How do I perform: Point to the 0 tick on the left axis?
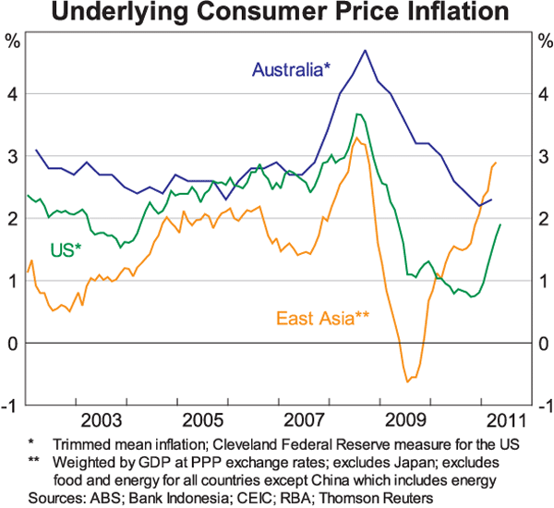point(12,344)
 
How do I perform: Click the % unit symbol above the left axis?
point(12,41)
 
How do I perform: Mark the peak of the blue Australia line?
point(365,50)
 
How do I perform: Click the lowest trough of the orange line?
point(406,381)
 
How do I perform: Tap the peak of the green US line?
point(357,114)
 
